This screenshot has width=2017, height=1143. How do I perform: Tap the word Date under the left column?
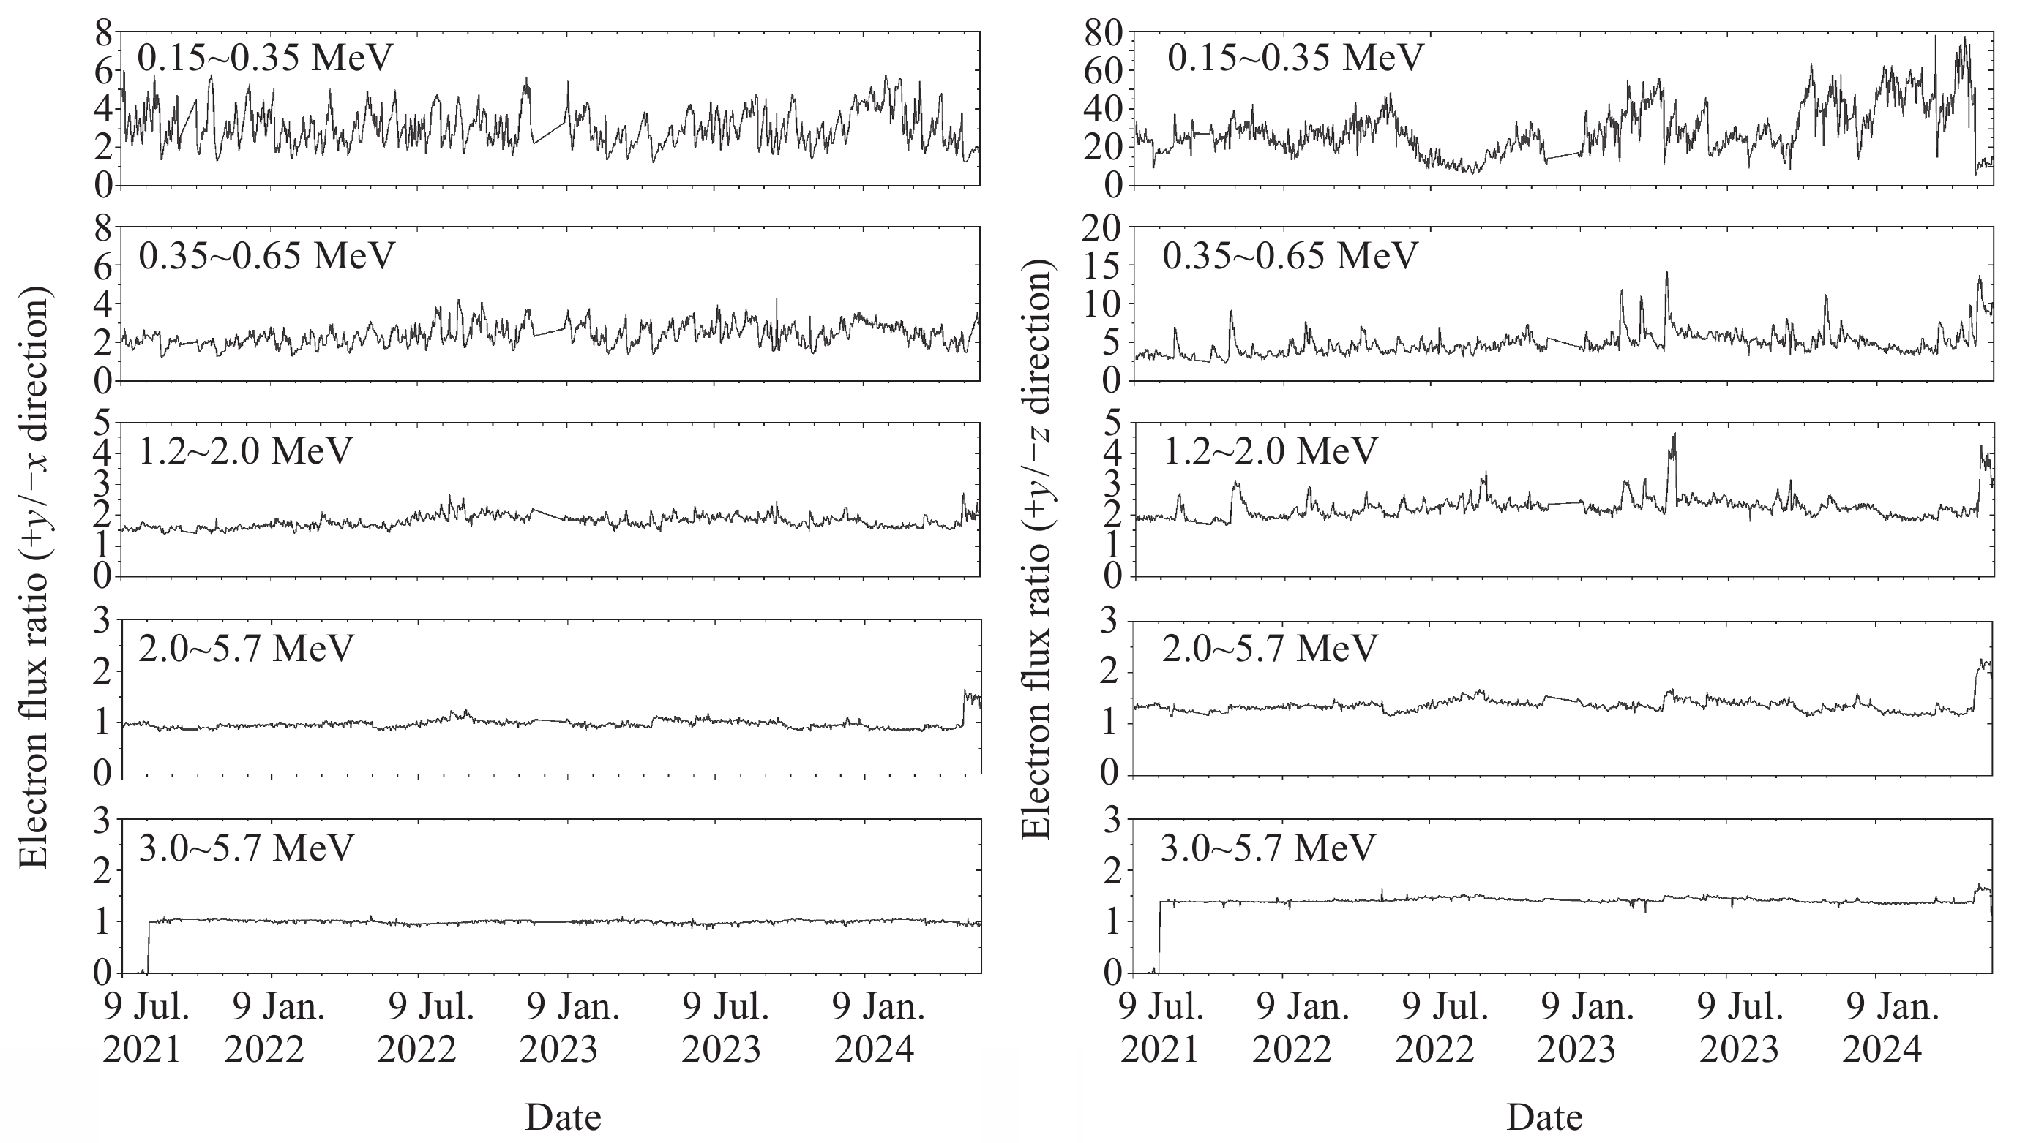(562, 1117)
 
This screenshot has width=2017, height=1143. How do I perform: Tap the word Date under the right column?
(1544, 1117)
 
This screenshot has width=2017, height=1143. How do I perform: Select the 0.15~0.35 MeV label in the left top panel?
(265, 57)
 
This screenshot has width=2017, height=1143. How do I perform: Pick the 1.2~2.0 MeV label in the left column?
(245, 450)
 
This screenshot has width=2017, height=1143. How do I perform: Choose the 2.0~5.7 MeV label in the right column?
(1269, 648)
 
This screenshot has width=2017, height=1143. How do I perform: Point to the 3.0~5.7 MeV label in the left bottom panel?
(246, 848)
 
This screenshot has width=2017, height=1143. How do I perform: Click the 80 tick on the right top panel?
(1106, 33)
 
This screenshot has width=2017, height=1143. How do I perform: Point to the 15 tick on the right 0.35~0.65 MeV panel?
(1106, 266)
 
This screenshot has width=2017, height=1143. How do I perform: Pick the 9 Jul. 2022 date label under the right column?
(1444, 1028)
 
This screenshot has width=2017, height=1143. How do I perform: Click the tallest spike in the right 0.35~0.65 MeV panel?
(1666, 274)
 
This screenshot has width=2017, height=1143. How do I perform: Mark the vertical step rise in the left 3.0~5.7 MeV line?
(149, 946)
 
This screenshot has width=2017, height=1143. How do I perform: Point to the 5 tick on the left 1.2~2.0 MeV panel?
(103, 424)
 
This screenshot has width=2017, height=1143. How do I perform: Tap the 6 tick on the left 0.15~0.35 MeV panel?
(103, 72)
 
